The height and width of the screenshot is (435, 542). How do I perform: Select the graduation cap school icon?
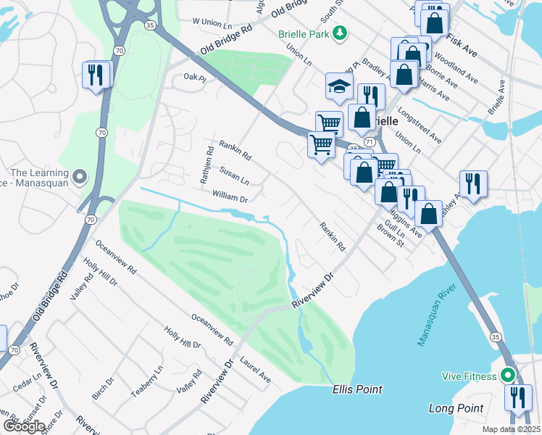pyautogui.click(x=339, y=86)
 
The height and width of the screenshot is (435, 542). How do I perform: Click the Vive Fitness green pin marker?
pyautogui.click(x=508, y=376)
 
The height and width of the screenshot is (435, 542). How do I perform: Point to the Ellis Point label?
pyautogui.click(x=357, y=389)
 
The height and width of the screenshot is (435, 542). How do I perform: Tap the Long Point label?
pyautogui.click(x=455, y=409)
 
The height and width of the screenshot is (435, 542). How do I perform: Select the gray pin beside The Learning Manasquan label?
pyautogui.click(x=80, y=175)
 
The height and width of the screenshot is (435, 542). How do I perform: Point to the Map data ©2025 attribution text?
pyautogui.click(x=511, y=429)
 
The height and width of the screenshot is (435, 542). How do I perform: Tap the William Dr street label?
pyautogui.click(x=230, y=197)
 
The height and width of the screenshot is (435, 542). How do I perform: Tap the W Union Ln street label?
pyautogui.click(x=209, y=22)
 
